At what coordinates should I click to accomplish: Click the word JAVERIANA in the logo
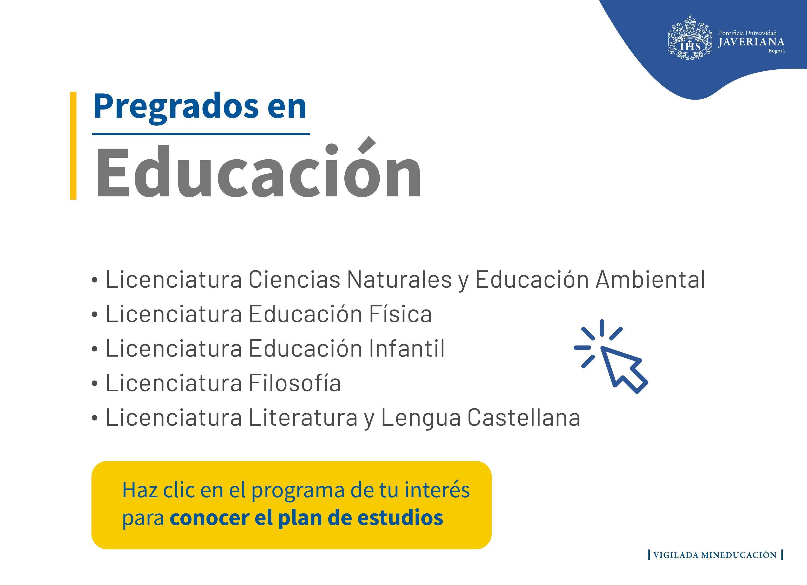(x=751, y=42)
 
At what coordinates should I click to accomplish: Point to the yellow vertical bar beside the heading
(x=73, y=146)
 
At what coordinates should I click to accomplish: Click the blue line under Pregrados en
(x=201, y=134)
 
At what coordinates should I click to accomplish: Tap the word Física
(x=400, y=314)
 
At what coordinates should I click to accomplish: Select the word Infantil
(x=407, y=348)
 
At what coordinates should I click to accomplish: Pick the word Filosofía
(x=295, y=383)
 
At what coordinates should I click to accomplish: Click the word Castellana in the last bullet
(x=524, y=417)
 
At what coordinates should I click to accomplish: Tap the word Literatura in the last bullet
(x=303, y=417)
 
